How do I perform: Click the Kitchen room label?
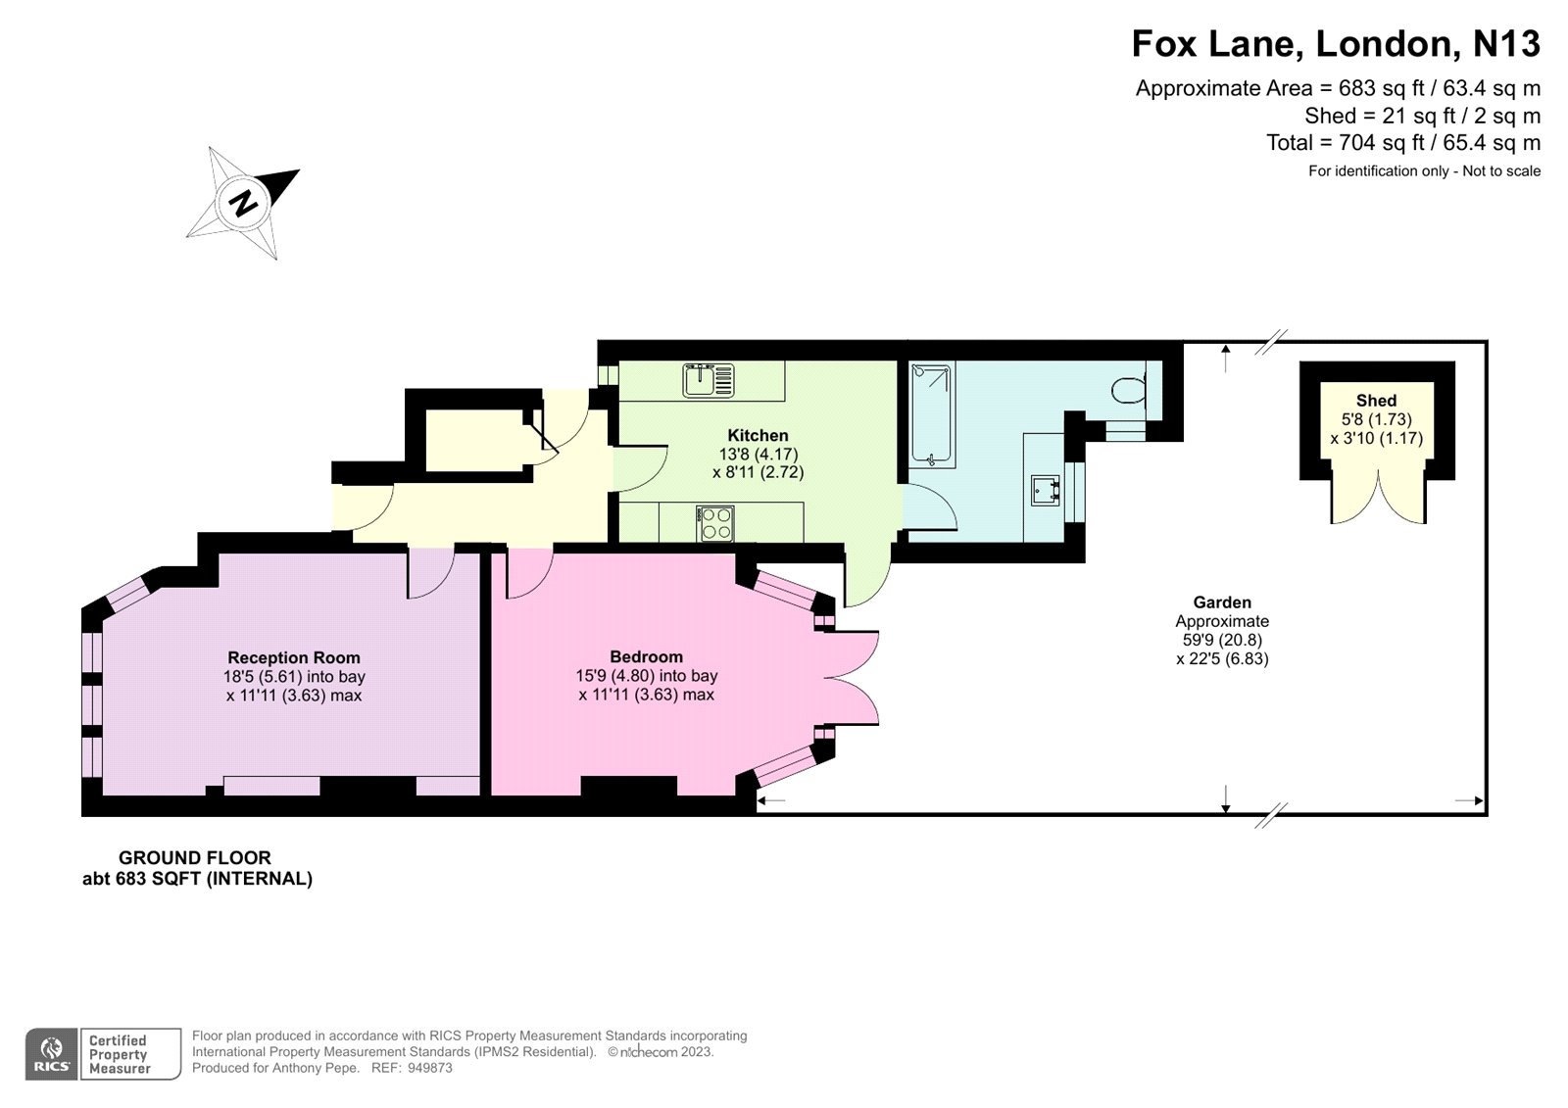pos(758,436)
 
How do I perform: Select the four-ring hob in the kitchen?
pos(714,522)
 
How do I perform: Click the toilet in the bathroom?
pos(1130,389)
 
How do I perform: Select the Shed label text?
pos(1376,401)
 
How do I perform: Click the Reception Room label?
pos(294,658)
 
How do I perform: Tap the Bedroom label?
pos(646,657)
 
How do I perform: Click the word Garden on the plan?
pos(1222,602)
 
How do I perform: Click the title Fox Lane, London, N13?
pos(1336,44)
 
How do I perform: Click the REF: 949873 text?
pos(412,1068)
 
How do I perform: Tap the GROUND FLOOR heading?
pos(195,858)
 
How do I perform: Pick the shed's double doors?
pos(1377,497)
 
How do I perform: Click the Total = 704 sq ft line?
pos(1402,143)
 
